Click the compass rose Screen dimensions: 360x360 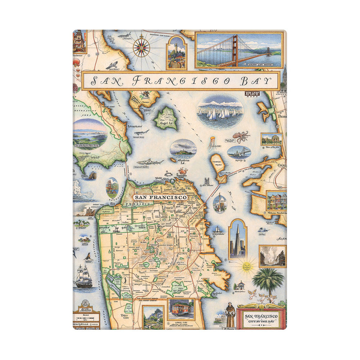[x=143, y=47]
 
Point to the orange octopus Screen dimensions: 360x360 [x=241, y=137]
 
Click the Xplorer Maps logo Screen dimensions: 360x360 [x=252, y=95]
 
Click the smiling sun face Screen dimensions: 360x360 [x=247, y=266]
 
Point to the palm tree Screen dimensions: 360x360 [x=268, y=280]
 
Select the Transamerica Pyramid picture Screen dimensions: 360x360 [x=238, y=239]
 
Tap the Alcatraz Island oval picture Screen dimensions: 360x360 [x=183, y=148]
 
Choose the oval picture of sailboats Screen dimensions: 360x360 [x=220, y=112]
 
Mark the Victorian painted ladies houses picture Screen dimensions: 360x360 [x=276, y=201]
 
